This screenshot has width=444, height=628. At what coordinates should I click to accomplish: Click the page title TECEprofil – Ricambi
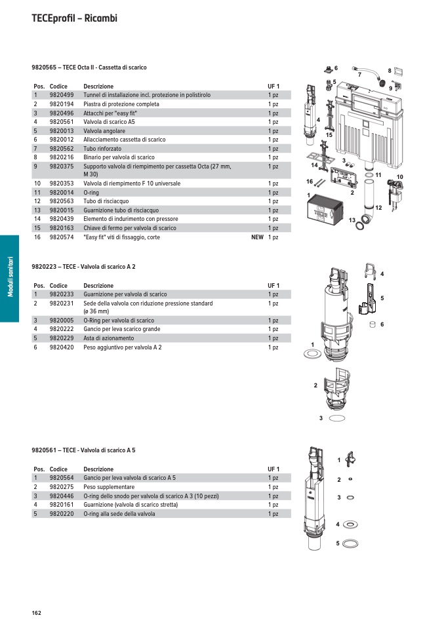click(74, 18)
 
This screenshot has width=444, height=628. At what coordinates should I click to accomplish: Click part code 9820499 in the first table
click(61, 95)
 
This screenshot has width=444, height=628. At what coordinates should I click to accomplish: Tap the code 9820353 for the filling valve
click(61, 184)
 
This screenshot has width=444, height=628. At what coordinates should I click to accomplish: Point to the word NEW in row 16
click(257, 237)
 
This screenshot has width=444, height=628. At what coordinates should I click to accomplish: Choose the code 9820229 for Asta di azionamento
click(61, 338)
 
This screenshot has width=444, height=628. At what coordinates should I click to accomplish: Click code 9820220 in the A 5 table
click(61, 515)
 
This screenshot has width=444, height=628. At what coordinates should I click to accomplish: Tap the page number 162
click(36, 613)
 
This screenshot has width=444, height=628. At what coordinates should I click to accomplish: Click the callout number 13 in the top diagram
click(352, 220)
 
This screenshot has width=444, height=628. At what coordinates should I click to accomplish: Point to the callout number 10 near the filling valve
click(399, 177)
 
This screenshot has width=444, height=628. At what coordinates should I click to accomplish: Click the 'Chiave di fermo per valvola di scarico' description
click(130, 228)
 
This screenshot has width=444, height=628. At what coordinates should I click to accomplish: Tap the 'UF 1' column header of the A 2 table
click(273, 286)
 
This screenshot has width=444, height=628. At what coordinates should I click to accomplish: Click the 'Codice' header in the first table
click(58, 87)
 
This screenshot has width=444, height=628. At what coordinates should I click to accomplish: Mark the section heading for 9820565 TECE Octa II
click(89, 68)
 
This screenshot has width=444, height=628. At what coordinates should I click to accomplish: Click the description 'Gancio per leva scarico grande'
click(121, 329)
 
